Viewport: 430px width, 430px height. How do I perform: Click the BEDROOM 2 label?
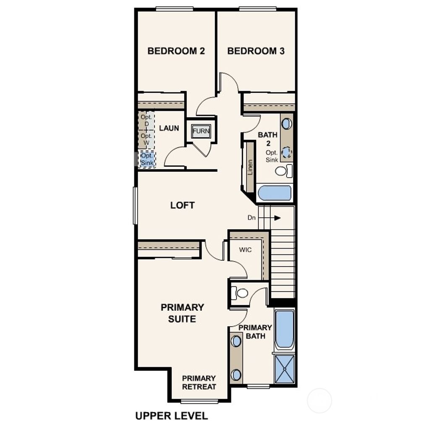(x=176, y=51)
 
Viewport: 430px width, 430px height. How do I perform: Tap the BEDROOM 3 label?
(x=256, y=51)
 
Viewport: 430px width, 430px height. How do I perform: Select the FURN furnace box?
(x=201, y=131)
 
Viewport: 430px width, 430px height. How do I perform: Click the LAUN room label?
(x=169, y=128)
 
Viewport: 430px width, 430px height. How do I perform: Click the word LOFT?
(x=182, y=205)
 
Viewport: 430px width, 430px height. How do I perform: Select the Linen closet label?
(x=250, y=167)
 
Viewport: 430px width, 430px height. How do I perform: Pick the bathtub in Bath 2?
(x=275, y=194)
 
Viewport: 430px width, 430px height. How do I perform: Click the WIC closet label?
(x=245, y=250)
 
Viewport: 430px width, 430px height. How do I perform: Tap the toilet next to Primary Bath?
(x=240, y=293)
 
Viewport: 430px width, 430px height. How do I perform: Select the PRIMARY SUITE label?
(x=182, y=313)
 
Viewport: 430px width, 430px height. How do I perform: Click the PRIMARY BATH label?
(x=255, y=332)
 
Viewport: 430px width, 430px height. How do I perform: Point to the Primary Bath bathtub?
(x=284, y=329)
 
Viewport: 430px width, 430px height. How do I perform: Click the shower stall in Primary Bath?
(x=284, y=369)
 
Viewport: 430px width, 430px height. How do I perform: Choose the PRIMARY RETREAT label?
(x=199, y=383)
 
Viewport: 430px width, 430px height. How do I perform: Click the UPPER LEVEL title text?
(x=171, y=416)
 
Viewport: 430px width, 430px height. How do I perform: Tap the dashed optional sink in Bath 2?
(x=286, y=152)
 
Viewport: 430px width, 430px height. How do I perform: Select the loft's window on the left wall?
(x=135, y=205)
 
